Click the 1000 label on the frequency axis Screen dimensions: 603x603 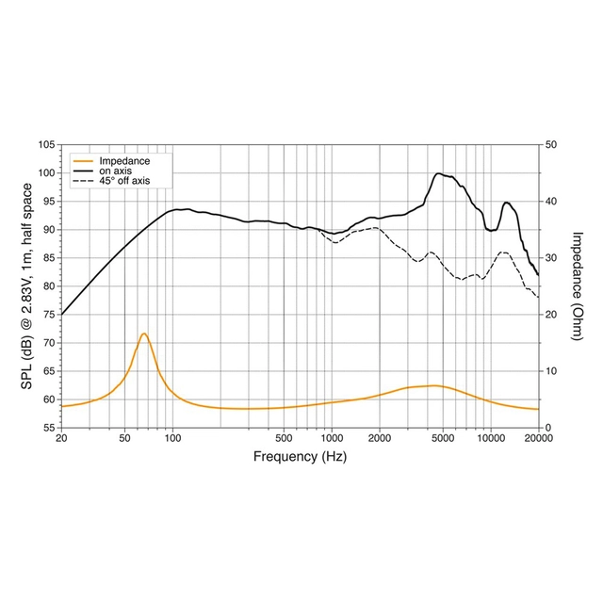[x=332, y=439]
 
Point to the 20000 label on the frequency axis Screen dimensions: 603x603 [x=538, y=439]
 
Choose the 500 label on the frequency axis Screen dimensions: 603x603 [x=284, y=439]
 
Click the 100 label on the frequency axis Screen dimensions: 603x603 [x=172, y=439]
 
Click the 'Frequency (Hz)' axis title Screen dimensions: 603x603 [x=300, y=457]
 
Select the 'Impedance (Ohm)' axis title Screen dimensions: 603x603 [x=576, y=286]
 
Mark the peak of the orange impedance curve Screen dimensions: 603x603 [x=144, y=334]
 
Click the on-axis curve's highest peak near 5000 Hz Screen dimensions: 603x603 [x=438, y=173]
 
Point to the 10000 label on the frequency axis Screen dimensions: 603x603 [x=490, y=439]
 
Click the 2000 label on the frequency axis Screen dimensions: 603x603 [x=379, y=439]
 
